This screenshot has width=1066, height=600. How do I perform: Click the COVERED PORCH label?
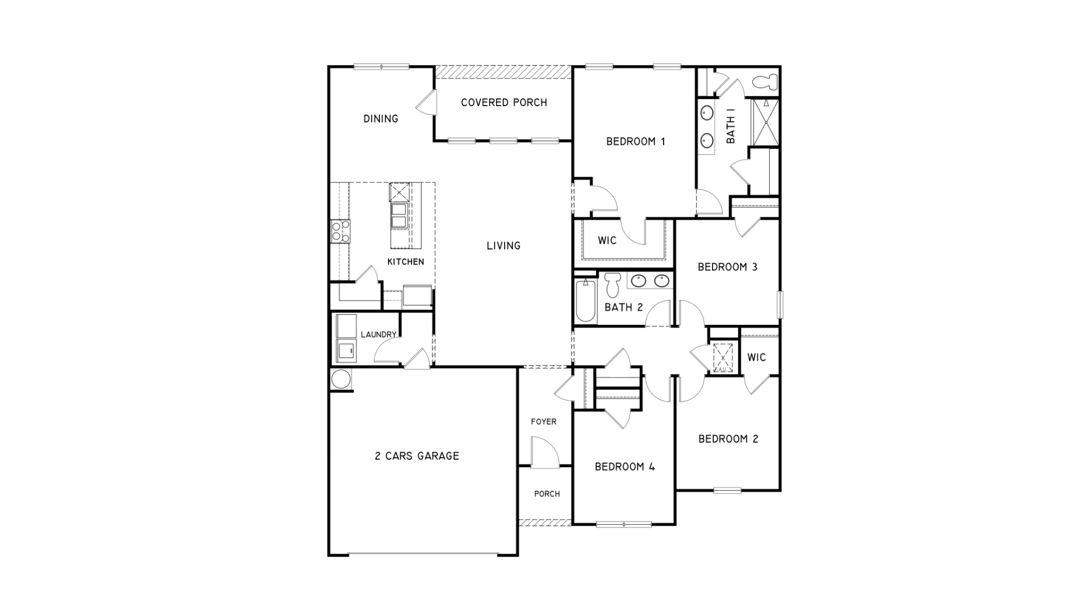[x=504, y=102]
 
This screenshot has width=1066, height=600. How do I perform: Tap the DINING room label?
[x=381, y=119]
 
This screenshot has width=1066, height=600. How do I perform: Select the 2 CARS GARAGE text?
[x=417, y=456]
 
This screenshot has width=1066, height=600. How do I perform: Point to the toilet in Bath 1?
[x=765, y=83]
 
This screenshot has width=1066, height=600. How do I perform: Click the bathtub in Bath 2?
[x=585, y=301]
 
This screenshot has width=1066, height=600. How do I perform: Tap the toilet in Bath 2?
[x=613, y=285]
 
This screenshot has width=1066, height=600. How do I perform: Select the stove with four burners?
[x=340, y=231]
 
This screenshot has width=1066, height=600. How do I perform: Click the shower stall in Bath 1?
[x=765, y=122]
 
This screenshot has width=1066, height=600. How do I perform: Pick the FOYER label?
[x=544, y=422]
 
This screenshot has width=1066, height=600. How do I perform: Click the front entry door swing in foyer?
[x=545, y=452]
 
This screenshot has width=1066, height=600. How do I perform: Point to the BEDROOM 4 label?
[x=625, y=467]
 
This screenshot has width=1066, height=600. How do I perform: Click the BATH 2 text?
[x=624, y=308]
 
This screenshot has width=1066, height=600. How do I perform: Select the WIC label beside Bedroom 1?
[x=607, y=241]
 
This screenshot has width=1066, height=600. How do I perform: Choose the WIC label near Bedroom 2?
[x=756, y=357]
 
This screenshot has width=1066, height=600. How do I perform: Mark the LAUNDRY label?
[x=378, y=335]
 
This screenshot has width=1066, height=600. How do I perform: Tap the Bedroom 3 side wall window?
[x=780, y=305]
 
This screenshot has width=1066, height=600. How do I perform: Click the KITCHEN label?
[x=406, y=262]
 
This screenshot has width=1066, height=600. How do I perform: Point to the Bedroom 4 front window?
[x=624, y=524]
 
